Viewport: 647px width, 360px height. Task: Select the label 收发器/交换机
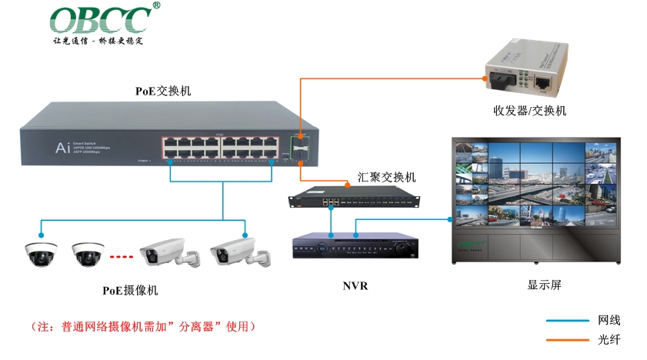(x=529, y=110)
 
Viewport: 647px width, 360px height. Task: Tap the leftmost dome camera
(x=41, y=252)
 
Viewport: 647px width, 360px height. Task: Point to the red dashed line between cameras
(x=122, y=256)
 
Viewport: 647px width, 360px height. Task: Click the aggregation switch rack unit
(x=355, y=198)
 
